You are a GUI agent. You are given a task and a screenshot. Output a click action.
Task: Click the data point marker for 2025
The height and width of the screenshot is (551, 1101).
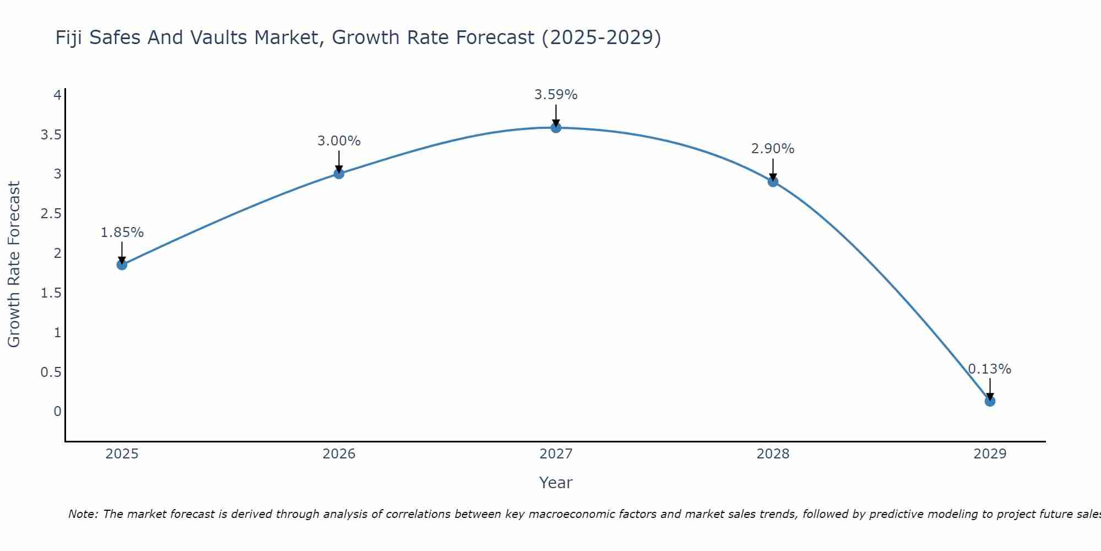tap(122, 264)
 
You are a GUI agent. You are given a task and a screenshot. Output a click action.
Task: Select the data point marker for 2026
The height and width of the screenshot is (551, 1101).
tap(339, 174)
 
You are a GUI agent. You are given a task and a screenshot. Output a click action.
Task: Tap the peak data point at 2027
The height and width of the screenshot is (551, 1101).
tap(556, 128)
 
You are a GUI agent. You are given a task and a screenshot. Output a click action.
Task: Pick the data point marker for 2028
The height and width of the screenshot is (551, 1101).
tap(773, 181)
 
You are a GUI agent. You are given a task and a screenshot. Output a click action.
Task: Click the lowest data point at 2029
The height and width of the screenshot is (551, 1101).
tap(990, 401)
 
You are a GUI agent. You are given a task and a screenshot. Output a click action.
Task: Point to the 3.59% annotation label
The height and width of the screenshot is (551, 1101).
tap(556, 95)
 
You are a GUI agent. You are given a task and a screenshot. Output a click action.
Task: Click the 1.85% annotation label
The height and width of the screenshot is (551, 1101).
tap(122, 233)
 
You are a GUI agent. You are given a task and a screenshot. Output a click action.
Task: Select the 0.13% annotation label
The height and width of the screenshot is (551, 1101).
tap(990, 369)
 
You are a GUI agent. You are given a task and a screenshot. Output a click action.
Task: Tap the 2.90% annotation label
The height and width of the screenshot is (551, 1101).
tap(773, 149)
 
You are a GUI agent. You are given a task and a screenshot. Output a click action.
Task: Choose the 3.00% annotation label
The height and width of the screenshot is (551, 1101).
tap(339, 141)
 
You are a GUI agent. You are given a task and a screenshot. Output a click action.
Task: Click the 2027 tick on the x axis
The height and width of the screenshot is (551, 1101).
tap(556, 454)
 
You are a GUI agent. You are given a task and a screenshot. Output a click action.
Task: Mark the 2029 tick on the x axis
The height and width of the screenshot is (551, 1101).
tap(990, 454)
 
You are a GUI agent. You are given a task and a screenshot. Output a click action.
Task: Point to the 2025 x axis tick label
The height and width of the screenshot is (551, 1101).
tap(122, 454)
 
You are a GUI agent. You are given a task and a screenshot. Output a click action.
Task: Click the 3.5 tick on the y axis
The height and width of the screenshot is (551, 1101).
tap(51, 135)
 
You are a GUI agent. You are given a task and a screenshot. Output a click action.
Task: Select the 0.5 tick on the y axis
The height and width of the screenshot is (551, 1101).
tap(51, 372)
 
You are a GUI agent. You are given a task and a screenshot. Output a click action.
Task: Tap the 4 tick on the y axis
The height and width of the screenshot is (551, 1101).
tap(57, 95)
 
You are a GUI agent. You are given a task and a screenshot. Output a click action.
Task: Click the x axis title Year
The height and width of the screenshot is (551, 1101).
tap(556, 483)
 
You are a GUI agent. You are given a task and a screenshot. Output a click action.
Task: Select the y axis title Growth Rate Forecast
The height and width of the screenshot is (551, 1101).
tap(14, 264)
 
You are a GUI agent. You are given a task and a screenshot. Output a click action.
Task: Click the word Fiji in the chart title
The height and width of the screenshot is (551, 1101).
tap(69, 37)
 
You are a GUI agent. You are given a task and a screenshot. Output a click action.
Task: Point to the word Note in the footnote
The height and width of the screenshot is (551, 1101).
tap(83, 514)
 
